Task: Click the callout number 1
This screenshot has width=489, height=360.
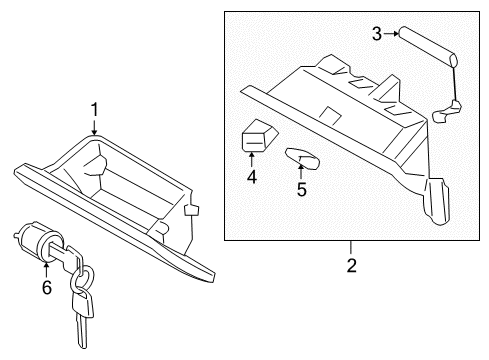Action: point(94,108)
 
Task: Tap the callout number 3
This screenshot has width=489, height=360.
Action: point(378,35)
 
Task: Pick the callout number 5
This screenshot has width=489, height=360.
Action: point(301,187)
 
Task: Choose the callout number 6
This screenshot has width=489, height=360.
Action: point(46,287)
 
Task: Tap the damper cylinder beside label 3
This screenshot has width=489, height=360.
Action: point(428,45)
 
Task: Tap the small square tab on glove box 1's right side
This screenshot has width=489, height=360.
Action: point(191,210)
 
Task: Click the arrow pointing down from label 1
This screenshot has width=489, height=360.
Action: point(94,126)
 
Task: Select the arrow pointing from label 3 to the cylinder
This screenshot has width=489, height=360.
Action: point(394,35)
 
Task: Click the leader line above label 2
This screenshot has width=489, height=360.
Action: point(351,249)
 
